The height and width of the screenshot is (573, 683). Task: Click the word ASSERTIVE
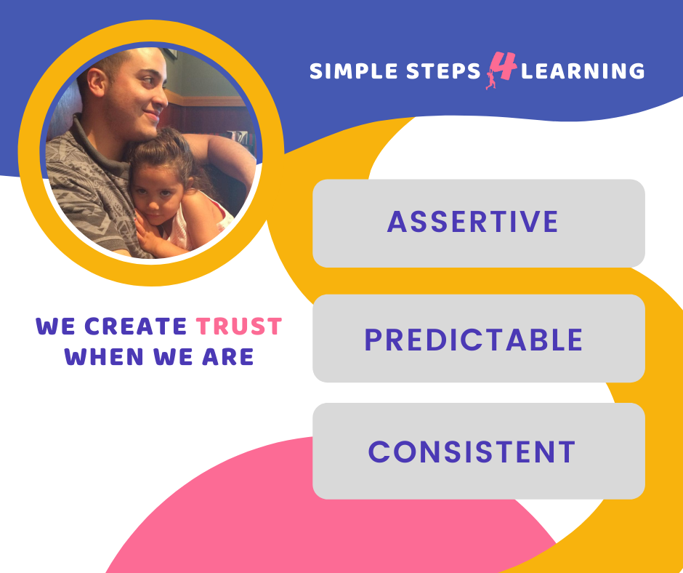pyautogui.click(x=472, y=222)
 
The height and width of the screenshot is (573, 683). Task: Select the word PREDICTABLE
pyautogui.click(x=474, y=340)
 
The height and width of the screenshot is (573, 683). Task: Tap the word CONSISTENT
pyautogui.click(x=472, y=452)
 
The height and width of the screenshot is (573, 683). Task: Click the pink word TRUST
pyautogui.click(x=239, y=326)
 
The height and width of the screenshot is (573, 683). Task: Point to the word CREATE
pyautogui.click(x=135, y=326)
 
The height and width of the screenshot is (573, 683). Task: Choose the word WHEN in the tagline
pyautogui.click(x=104, y=357)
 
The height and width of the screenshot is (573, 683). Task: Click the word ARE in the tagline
pyautogui.click(x=228, y=357)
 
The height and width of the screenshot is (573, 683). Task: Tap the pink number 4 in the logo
pyautogui.click(x=504, y=65)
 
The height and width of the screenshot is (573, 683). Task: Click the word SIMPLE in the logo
pyautogui.click(x=353, y=71)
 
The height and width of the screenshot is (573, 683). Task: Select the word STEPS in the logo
pyautogui.click(x=443, y=71)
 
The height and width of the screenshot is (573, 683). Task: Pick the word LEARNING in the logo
pyautogui.click(x=583, y=71)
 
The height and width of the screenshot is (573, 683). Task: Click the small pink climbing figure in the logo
pyautogui.click(x=491, y=79)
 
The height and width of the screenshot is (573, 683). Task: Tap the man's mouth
pyautogui.click(x=152, y=116)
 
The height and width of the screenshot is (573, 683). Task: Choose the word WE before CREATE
pyautogui.click(x=56, y=326)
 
